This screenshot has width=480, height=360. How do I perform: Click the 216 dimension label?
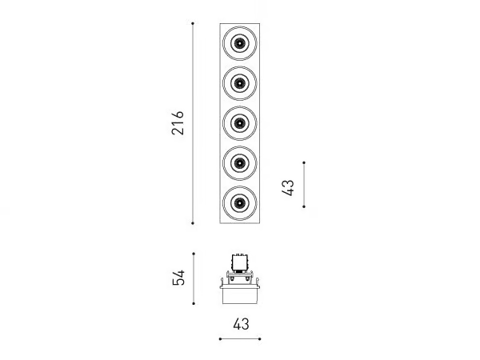click(x=178, y=123)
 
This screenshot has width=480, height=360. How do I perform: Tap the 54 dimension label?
click(x=178, y=278)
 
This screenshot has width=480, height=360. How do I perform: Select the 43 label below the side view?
click(x=242, y=324)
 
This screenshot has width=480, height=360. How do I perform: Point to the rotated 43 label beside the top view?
click(x=288, y=188)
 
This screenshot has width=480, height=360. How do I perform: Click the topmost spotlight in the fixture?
click(x=240, y=43)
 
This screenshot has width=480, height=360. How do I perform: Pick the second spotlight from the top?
click(x=240, y=83)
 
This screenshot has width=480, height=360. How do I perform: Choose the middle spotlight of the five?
click(x=240, y=123)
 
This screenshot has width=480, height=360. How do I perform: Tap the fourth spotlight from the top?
click(x=240, y=163)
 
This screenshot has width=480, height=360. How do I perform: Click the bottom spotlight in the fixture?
click(x=240, y=203)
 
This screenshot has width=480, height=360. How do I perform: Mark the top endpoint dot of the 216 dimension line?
click(x=193, y=23)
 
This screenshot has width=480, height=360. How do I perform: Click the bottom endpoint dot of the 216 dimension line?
click(x=193, y=223)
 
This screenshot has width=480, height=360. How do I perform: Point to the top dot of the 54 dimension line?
click(x=194, y=254)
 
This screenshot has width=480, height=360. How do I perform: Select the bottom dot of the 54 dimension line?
click(x=194, y=303)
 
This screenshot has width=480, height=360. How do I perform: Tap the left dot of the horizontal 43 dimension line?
click(x=220, y=339)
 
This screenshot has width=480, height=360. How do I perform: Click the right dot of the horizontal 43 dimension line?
click(x=259, y=339)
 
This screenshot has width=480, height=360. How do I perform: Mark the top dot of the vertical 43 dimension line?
click(x=304, y=162)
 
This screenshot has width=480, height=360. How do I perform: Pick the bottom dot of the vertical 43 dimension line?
click(x=304, y=206)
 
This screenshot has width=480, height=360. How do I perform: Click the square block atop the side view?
click(x=240, y=263)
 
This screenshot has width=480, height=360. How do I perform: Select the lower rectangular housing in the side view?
click(x=240, y=296)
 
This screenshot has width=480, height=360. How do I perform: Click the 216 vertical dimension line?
click(x=193, y=123)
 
